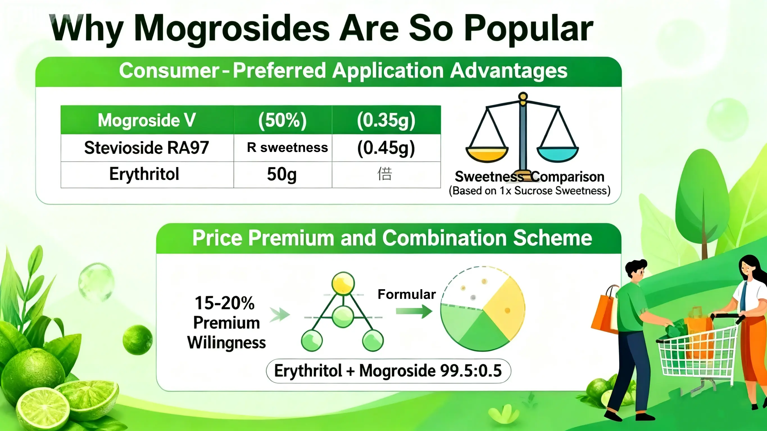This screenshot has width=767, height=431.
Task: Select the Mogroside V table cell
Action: coord(147,120)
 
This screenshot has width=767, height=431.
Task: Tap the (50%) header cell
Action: coord(282,120)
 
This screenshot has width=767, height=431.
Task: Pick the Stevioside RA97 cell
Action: coord(147,148)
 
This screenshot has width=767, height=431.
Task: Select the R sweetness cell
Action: coord(287,148)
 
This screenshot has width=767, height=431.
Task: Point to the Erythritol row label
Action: coord(144,174)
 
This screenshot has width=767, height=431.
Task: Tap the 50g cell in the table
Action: coord(282,174)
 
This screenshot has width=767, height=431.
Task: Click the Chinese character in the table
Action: coord(385,174)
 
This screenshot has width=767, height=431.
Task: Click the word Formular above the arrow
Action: coord(407,294)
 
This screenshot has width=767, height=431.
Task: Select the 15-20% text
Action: coord(225,303)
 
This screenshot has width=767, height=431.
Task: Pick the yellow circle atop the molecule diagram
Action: coord(343,283)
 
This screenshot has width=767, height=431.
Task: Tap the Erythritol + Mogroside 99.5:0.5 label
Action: coord(388,371)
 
